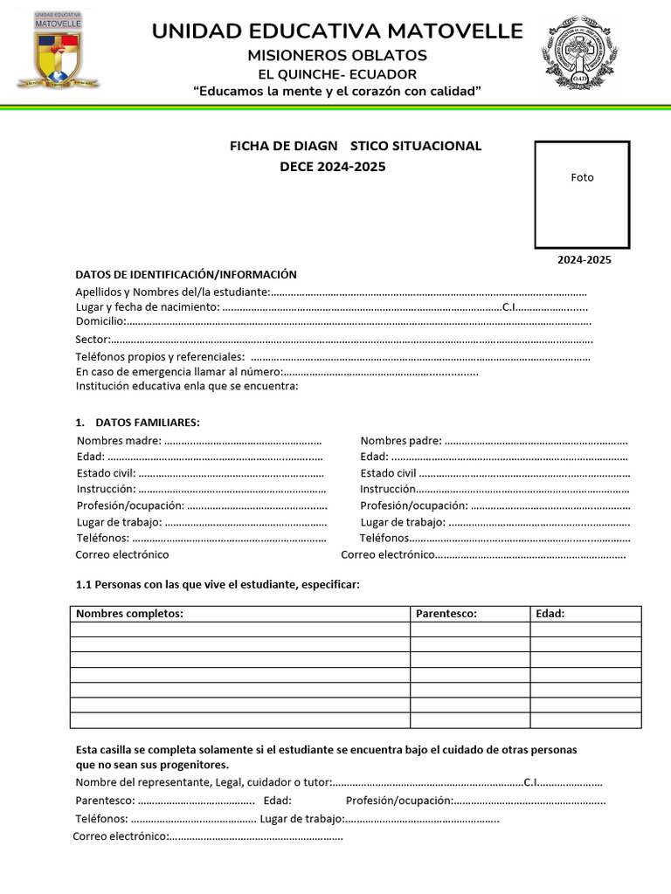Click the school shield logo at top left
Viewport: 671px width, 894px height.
click(58, 50)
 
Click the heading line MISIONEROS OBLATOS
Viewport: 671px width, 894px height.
click(336, 55)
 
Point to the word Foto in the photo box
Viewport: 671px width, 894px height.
click(582, 177)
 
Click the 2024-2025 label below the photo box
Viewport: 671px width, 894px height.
click(585, 260)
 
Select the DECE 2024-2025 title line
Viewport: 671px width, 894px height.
click(332, 167)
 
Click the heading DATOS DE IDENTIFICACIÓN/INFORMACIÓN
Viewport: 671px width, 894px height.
click(186, 274)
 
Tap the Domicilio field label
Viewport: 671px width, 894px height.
click(100, 321)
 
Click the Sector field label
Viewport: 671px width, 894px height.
click(92, 339)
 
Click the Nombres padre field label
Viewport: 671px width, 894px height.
click(400, 441)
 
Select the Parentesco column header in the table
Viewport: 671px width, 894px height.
click(446, 614)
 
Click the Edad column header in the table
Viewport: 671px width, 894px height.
click(550, 614)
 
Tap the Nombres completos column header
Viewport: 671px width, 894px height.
click(129, 614)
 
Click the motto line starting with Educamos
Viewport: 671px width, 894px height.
click(336, 92)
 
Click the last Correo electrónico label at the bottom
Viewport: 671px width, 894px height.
click(119, 836)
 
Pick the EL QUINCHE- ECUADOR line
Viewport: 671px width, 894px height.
click(336, 74)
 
